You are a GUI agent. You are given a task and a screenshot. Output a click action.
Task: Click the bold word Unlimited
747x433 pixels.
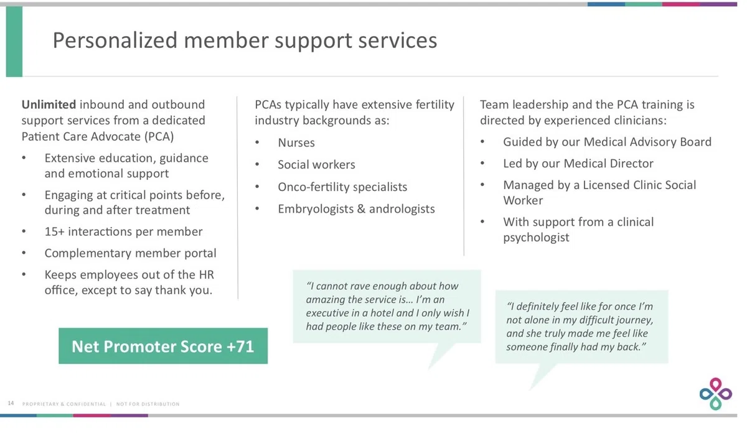(49, 105)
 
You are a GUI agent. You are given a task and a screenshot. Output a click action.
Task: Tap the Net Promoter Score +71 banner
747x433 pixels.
(163, 346)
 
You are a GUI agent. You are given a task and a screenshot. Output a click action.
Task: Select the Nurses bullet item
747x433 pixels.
(296, 142)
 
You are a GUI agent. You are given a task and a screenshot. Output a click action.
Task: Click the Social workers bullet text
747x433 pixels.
(316, 165)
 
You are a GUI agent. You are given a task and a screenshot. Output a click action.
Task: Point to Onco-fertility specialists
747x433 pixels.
(342, 187)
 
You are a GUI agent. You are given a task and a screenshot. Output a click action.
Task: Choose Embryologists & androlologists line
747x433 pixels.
(356, 209)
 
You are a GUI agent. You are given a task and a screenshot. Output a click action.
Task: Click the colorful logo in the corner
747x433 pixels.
(716, 394)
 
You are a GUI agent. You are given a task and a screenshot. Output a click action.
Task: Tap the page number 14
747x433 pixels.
(11, 403)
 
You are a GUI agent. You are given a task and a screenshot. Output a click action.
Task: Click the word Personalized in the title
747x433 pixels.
(115, 40)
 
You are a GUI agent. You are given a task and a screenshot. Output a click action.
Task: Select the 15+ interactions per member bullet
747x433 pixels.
(123, 231)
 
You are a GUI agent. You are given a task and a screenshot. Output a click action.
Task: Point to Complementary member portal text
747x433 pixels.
(130, 253)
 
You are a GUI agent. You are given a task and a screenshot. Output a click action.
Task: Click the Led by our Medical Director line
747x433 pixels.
(578, 164)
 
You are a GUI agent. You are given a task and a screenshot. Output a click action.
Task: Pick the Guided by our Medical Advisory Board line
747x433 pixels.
(608, 142)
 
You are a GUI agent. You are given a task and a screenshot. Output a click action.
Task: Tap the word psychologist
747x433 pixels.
(536, 237)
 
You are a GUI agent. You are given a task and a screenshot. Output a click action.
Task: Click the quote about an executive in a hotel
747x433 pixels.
(387, 306)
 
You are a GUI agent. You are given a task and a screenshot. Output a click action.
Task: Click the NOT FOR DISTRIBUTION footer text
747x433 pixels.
(148, 404)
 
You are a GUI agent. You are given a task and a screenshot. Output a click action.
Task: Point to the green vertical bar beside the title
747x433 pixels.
(14, 42)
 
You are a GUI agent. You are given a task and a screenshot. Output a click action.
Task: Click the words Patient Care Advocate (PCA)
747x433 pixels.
(98, 137)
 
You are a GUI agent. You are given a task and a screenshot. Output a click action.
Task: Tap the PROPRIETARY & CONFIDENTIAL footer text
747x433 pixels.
(64, 404)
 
